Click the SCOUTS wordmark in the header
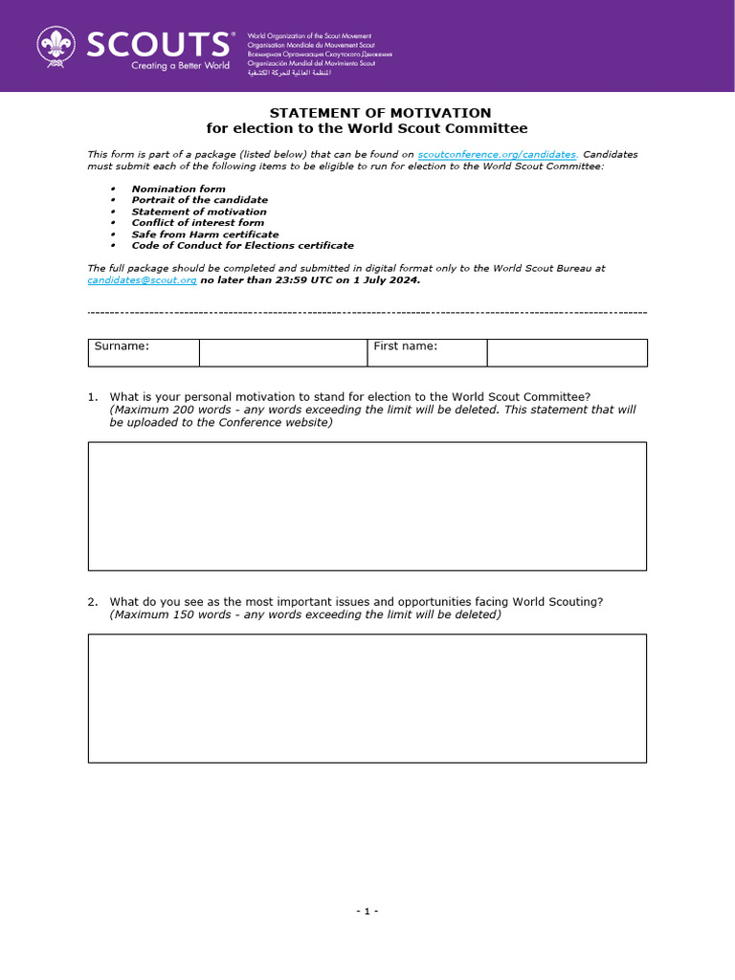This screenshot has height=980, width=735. (x=157, y=44)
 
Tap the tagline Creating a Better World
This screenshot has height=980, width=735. (x=181, y=65)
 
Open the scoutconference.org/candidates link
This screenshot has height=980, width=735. (x=498, y=154)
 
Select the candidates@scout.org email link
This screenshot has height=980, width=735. (x=142, y=280)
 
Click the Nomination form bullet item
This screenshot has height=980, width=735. (x=178, y=189)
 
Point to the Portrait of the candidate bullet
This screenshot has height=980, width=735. (x=199, y=200)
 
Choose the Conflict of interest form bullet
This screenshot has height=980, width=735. (x=197, y=223)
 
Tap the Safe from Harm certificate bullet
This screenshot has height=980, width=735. (x=205, y=234)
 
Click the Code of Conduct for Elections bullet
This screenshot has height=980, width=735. (x=242, y=246)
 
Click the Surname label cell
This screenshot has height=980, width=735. (x=144, y=352)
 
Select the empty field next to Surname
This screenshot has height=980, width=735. (x=282, y=352)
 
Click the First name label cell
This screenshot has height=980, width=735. (x=427, y=352)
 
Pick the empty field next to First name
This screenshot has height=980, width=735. (x=567, y=352)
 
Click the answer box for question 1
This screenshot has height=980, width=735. (x=367, y=505)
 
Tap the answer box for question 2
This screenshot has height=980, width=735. (x=367, y=698)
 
